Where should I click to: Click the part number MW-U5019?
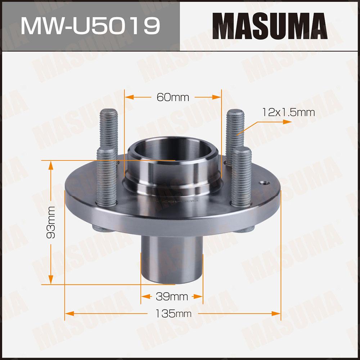click(90, 26)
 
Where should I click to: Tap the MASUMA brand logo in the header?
click(270, 26)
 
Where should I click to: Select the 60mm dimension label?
click(173, 97)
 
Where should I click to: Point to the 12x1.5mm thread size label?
click(288, 112)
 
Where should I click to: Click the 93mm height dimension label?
click(51, 222)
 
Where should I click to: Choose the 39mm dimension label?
click(172, 297)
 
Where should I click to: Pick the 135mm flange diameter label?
click(174, 314)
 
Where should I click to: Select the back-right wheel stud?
click(235, 135)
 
